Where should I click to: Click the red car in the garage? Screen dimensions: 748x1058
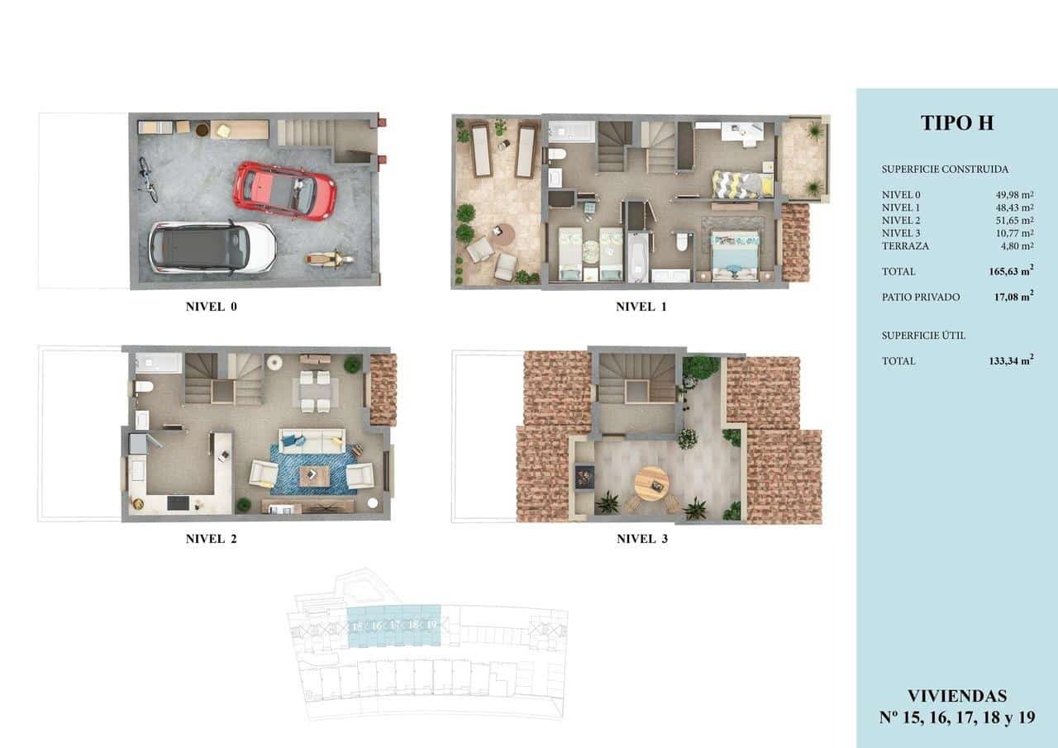click(286, 190)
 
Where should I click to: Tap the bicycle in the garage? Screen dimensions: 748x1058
click(147, 180)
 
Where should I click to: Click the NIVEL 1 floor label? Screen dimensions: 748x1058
click(641, 307)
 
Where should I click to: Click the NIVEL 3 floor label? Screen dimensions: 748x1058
click(641, 539)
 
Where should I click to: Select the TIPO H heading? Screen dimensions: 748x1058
click(956, 123)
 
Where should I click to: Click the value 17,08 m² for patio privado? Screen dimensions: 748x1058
click(1013, 297)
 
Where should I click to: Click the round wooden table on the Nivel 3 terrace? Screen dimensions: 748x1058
click(651, 481)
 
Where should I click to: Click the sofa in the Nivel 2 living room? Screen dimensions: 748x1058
click(312, 439)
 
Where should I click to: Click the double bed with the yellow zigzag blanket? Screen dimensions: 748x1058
click(741, 183)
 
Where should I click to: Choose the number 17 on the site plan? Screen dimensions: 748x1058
click(394, 626)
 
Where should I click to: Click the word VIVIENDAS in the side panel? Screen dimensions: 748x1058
click(956, 696)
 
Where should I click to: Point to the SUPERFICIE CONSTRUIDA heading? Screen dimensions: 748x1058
click(945, 169)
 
